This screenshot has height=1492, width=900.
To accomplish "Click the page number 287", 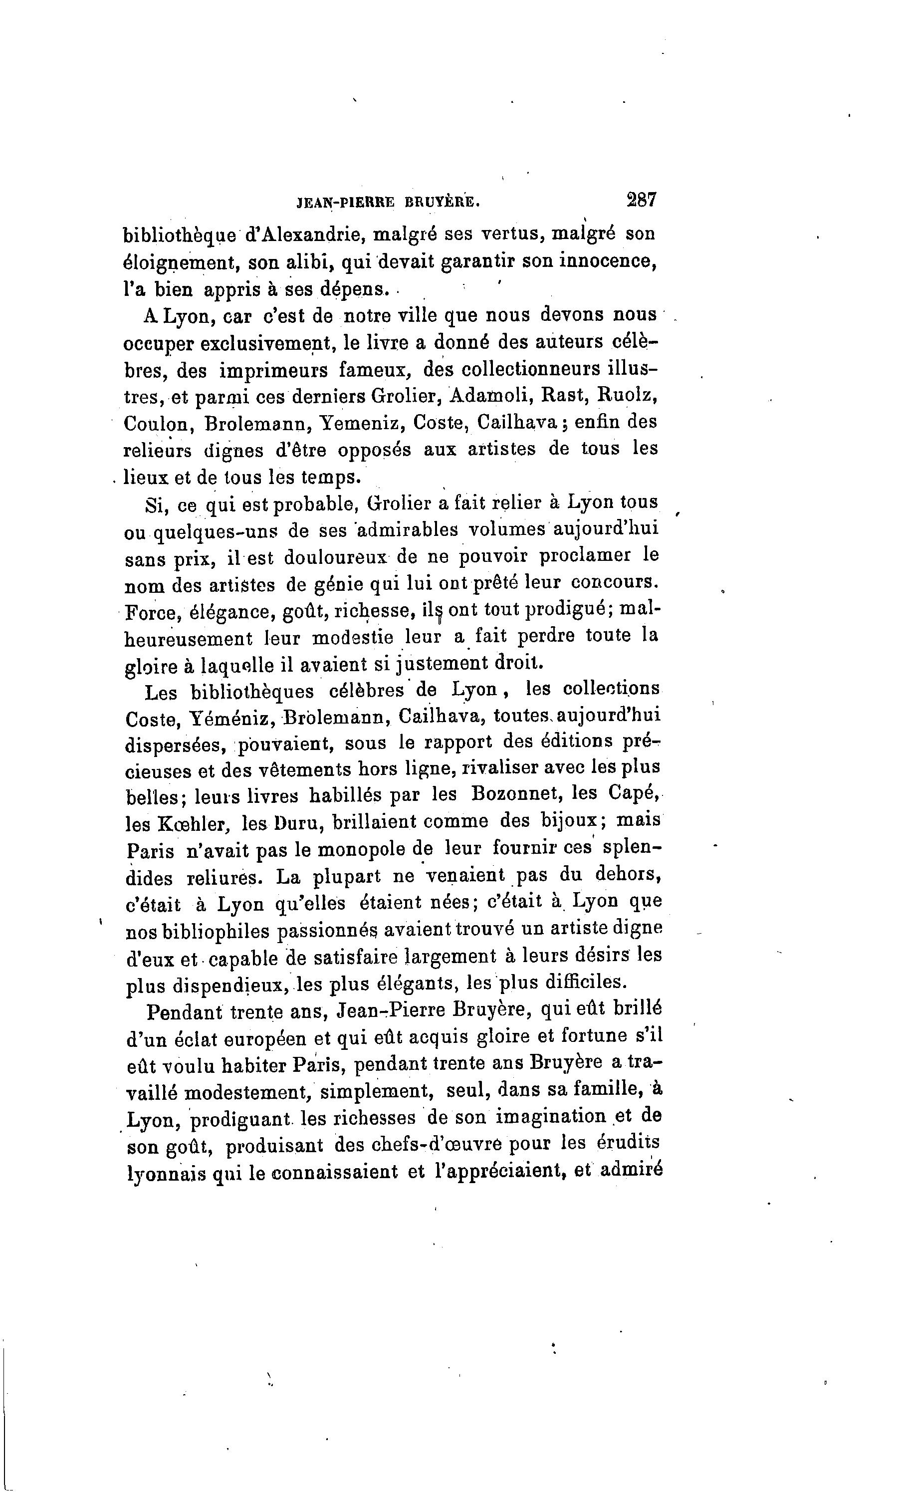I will (x=641, y=200).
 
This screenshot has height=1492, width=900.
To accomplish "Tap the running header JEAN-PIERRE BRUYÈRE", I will (x=388, y=204).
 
